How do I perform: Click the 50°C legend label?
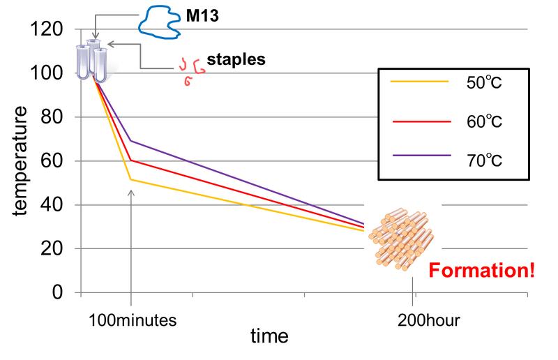(484, 82)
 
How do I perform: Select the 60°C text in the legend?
(484, 121)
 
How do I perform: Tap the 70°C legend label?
(484, 160)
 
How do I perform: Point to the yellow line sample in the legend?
(419, 82)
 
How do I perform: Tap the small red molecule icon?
(191, 70)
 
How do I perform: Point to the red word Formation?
(481, 271)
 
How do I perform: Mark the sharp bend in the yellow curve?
(130, 180)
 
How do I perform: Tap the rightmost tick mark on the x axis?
(528, 296)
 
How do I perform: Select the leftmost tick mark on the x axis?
(82, 296)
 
